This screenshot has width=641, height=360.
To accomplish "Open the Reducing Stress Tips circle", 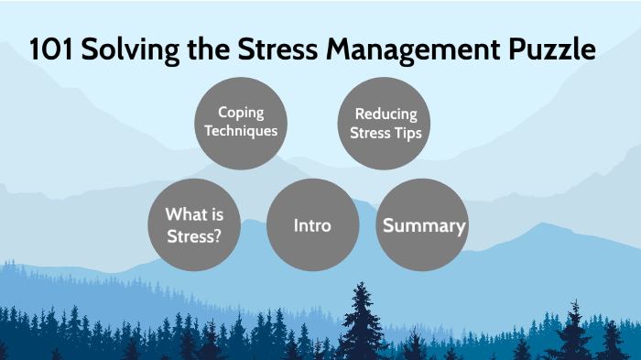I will (386, 123).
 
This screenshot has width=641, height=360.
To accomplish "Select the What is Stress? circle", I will (194, 224).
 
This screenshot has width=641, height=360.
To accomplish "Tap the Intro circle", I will (312, 224).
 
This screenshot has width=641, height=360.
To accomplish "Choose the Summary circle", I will (423, 224).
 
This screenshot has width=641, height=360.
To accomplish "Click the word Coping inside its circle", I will (241, 113).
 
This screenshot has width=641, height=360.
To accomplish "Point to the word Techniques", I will (241, 131).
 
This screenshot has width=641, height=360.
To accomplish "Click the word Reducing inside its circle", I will (386, 115).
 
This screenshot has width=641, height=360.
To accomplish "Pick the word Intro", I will (312, 225).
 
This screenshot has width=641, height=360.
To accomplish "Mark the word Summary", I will (424, 225).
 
